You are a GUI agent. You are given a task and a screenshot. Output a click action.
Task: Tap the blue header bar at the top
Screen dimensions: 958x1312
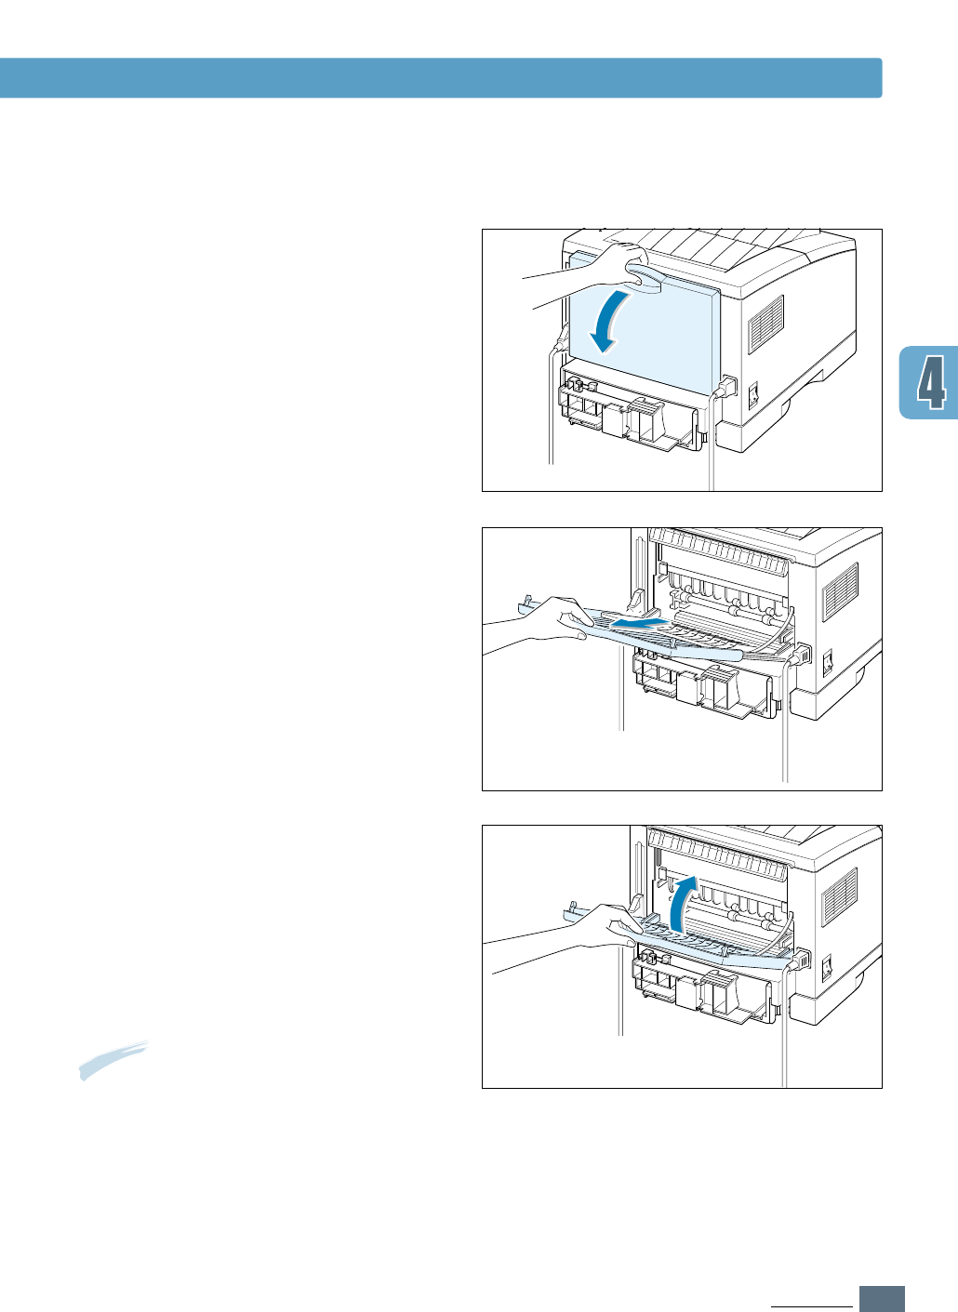coord(441,78)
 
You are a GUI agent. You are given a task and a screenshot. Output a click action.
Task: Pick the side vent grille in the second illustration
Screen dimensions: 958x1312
coord(841,592)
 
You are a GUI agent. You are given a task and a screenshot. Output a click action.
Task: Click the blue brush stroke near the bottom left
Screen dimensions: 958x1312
coord(113,1059)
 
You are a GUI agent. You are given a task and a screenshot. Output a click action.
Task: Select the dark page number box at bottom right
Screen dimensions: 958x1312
coord(882,1297)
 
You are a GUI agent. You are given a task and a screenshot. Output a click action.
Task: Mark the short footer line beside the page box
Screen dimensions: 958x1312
coord(811,1305)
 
